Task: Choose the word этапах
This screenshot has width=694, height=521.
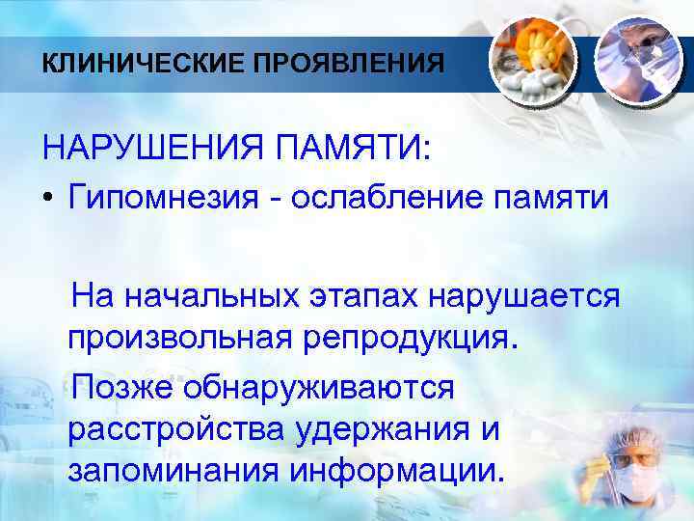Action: [x=365, y=293]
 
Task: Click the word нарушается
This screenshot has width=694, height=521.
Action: [x=529, y=293]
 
